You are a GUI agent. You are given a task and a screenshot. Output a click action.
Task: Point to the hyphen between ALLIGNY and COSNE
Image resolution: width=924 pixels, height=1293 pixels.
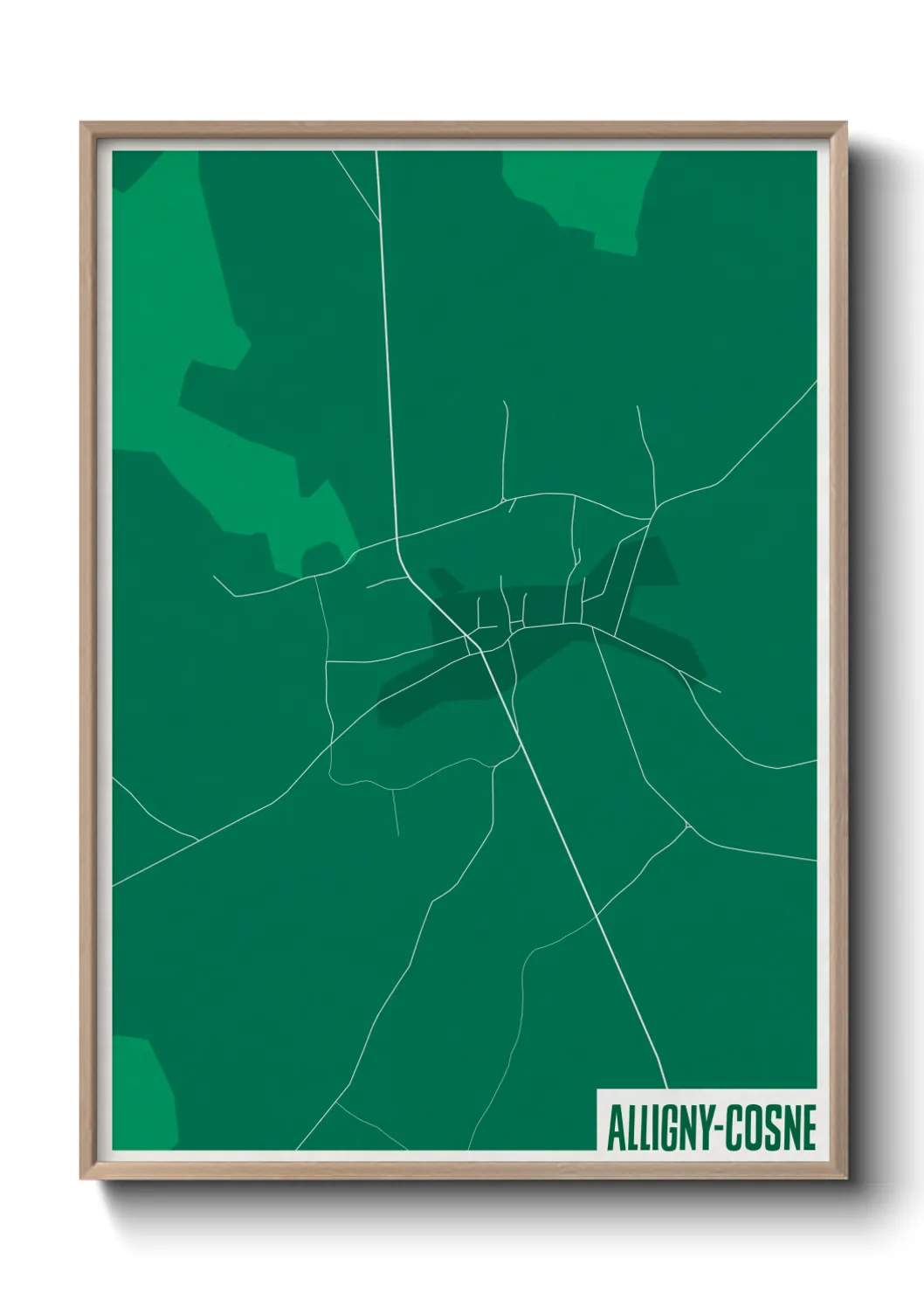(x=720, y=1130)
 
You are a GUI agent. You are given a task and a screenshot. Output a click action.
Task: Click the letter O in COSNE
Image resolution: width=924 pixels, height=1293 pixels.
(x=756, y=1129)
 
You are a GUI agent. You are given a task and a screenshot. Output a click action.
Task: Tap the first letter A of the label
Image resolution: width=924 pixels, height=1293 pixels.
(x=612, y=1129)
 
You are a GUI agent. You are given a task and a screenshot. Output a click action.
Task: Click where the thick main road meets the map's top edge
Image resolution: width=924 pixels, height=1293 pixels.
(x=376, y=153)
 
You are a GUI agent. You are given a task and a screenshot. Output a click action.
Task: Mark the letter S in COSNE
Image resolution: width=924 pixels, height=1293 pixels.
(x=773, y=1129)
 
